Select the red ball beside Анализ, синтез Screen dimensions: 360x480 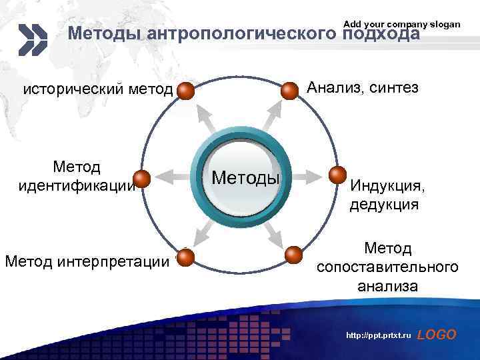coord(289,91)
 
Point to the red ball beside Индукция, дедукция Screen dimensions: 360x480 coord(338,175)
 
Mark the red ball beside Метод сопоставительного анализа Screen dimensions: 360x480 coord(293,255)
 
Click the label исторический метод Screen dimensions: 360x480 coord(98,90)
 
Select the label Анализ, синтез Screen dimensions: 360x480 coord(362,87)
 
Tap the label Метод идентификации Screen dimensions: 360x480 coord(77,175)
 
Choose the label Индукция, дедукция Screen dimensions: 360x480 coord(385,194)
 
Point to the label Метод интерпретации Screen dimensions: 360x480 coord(87,261)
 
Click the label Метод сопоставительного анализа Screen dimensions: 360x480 coord(387,267)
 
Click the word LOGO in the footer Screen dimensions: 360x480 coord(437,335)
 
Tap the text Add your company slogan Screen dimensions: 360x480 coord(401,24)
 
